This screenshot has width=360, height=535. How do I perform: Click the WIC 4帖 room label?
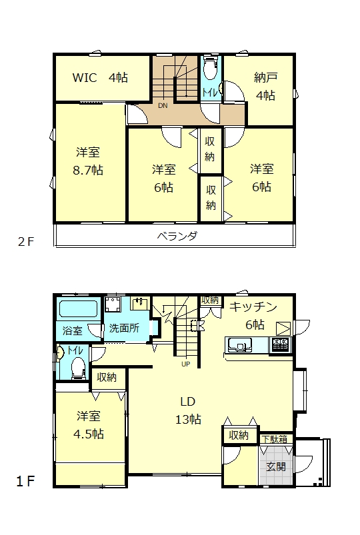click(100, 78)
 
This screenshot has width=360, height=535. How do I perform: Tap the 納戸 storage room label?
click(265, 77)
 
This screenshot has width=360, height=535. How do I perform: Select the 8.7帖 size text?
click(88, 170)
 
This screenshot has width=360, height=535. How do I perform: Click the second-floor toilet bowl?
click(210, 69)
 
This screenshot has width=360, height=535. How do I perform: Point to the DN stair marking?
click(163, 106)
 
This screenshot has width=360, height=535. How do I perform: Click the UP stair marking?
click(186, 364)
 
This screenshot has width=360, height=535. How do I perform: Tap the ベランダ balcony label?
click(177, 236)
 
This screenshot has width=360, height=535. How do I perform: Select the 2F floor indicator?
click(26, 242)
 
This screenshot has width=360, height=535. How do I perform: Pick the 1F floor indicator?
click(25, 482)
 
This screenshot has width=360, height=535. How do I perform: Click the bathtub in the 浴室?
click(79, 308)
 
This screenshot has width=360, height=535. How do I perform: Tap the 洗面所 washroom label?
click(124, 328)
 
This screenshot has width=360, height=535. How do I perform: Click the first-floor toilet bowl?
click(78, 368)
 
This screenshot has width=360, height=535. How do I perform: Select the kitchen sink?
click(240, 344)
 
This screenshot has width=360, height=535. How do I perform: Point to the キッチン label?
click(253, 306)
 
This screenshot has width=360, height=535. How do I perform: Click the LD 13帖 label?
click(188, 410)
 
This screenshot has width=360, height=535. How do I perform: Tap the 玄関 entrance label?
click(276, 466)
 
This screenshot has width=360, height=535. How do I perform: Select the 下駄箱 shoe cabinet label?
click(275, 439)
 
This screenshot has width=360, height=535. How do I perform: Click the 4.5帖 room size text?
click(89, 434)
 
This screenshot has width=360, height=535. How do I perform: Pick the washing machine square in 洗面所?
click(113, 304)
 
